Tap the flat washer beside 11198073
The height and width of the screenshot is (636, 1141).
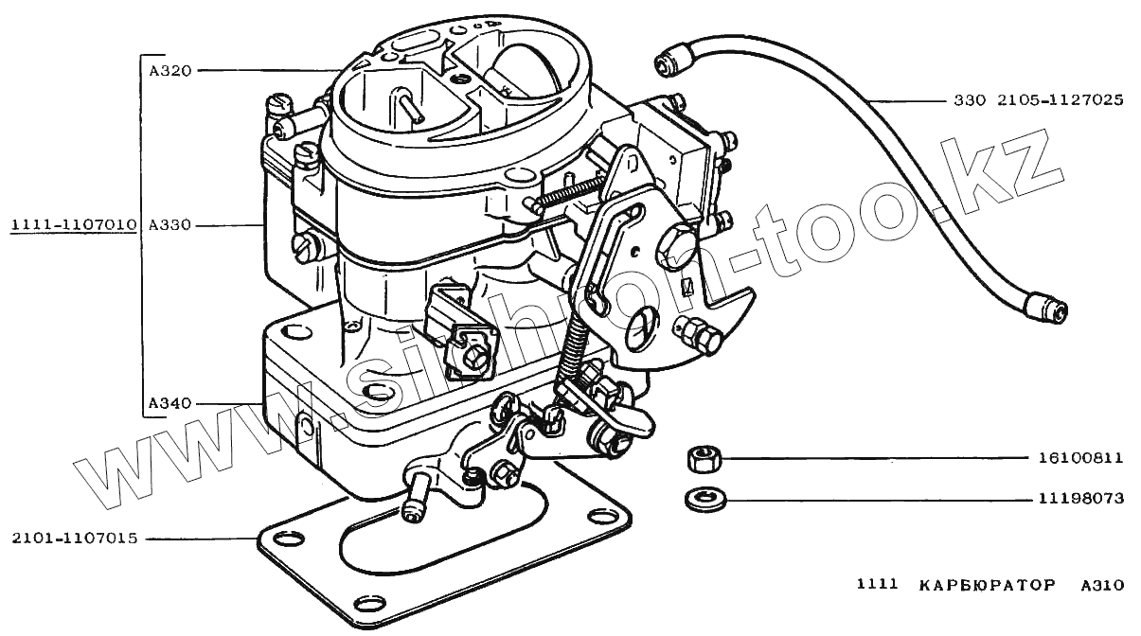[700, 497]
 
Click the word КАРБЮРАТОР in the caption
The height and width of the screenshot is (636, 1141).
[986, 586]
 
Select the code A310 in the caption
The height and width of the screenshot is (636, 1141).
[1102, 586]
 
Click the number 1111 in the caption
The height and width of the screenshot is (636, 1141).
[877, 586]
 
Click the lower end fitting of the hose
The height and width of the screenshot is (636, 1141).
[1047, 306]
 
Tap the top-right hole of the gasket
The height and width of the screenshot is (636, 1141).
[601, 518]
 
